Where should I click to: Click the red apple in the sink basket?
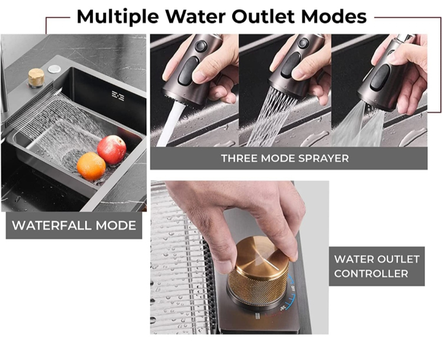tap(112, 149)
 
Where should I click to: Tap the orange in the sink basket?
tap(91, 166)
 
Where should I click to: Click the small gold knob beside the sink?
tap(36, 77)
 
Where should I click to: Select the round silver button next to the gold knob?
tap(54, 69)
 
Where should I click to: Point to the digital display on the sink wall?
tap(118, 96)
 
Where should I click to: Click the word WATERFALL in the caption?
tap(52, 226)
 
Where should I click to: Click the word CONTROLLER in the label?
tap(371, 273)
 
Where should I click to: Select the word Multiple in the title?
tap(118, 17)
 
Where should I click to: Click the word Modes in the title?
tap(334, 16)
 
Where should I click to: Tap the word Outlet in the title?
tap(264, 16)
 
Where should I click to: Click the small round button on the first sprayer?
tap(201, 46)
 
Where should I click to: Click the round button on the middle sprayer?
tap(303, 43)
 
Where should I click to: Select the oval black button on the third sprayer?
tap(380, 77)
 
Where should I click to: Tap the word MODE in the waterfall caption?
tap(115, 226)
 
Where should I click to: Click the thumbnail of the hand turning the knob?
tap(239, 258)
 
